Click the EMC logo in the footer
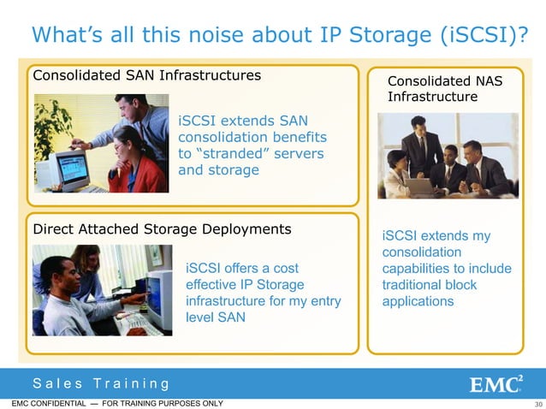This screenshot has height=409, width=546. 497,383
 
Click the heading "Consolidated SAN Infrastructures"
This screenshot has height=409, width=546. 146,75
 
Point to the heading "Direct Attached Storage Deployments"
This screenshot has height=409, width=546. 162,229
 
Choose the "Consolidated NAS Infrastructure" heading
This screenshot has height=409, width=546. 444,89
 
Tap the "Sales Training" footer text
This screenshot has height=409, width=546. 101,383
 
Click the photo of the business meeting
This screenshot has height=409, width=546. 448,156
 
